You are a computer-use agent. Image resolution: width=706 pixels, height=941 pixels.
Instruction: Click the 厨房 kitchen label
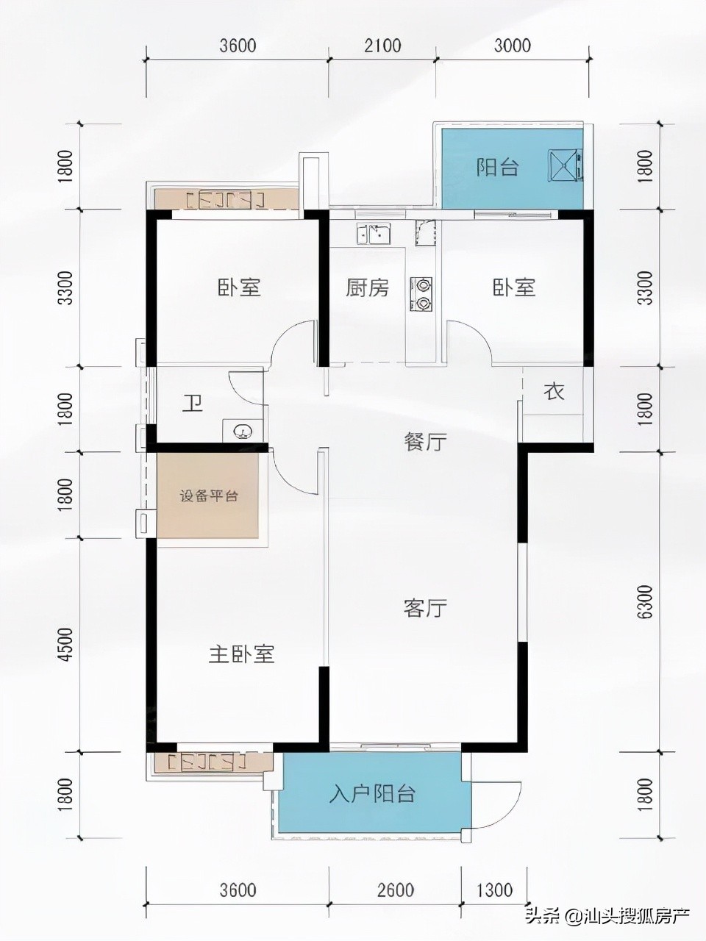[367, 287]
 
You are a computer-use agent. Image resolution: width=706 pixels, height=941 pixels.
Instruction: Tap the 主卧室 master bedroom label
[241, 654]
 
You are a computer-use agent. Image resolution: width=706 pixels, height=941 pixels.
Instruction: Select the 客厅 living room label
[425, 608]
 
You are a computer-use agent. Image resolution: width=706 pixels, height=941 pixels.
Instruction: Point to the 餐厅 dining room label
[425, 442]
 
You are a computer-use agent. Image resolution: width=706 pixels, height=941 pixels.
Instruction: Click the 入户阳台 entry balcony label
[373, 794]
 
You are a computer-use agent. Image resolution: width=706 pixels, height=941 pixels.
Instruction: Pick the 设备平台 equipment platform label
[209, 495]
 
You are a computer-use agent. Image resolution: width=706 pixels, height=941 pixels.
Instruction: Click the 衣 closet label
[554, 392]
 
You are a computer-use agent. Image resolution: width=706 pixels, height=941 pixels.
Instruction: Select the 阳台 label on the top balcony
[497, 168]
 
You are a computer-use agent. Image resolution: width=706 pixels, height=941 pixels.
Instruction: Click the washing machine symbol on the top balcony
[565, 165]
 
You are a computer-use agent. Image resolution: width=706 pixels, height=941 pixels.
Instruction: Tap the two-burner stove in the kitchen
[423, 293]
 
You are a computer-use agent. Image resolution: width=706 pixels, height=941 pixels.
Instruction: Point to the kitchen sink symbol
[372, 235]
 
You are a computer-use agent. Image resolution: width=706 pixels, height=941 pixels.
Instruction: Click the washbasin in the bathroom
[240, 431]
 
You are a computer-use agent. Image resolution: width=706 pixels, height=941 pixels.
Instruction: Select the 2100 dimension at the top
[383, 46]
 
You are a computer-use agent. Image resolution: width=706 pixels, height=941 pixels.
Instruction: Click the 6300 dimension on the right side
[646, 603]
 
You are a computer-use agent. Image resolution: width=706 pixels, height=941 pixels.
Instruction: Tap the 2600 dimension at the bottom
[395, 890]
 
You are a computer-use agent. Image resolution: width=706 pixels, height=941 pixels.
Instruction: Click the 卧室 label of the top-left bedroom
[239, 287]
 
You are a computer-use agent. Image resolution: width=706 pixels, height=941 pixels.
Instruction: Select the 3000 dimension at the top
[512, 46]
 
